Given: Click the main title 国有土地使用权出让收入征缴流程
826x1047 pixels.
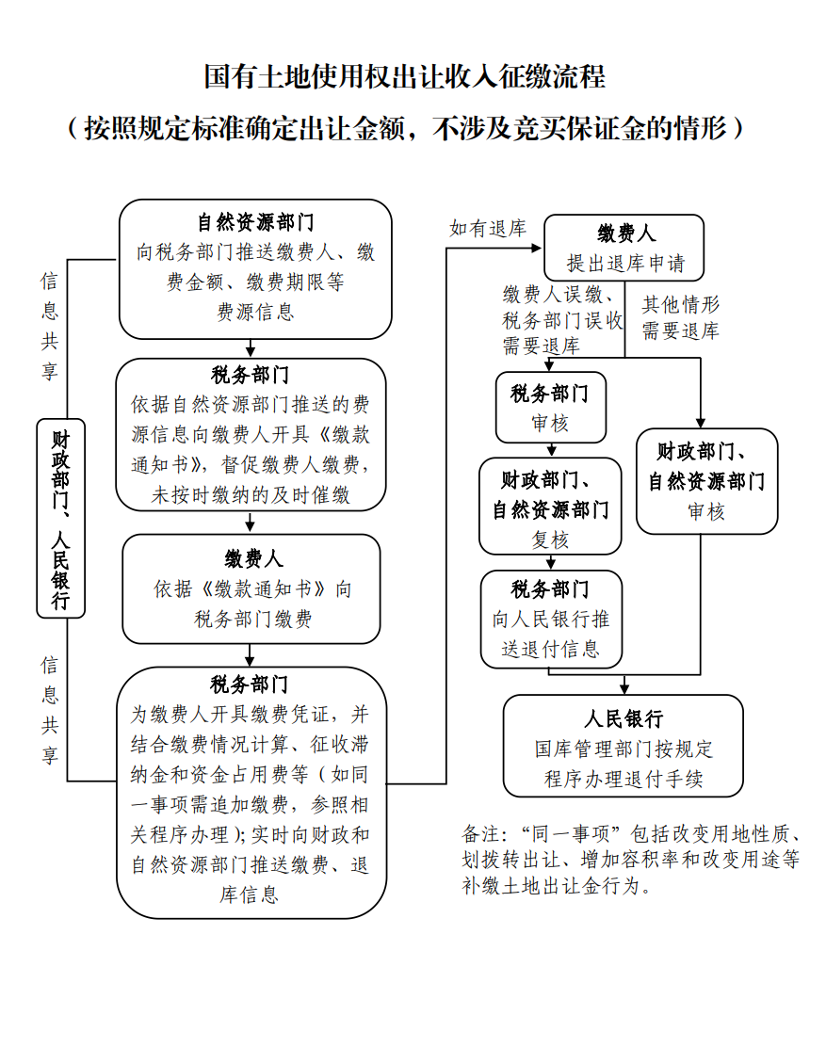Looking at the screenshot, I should click(x=405, y=76).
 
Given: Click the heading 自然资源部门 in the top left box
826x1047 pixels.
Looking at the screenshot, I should click(x=255, y=223).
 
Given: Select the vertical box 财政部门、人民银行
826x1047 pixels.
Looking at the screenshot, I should click(x=60, y=518).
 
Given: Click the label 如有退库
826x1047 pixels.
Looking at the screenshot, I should click(x=488, y=228).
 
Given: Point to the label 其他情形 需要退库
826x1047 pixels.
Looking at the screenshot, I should click(x=680, y=317).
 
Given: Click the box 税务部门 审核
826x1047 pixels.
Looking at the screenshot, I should click(x=550, y=408).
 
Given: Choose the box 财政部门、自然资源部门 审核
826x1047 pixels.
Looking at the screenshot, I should click(x=706, y=481).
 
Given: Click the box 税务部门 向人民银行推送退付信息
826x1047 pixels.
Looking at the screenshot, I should click(x=551, y=619).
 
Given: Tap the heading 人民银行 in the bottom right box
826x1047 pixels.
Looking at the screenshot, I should click(x=623, y=719).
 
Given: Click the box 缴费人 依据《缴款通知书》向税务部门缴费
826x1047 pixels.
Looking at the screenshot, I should click(x=251, y=589).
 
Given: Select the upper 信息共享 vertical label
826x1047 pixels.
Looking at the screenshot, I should click(x=49, y=326).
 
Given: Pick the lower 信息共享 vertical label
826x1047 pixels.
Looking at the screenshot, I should click(x=49, y=710).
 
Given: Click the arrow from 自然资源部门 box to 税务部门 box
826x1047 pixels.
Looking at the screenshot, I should click(x=251, y=348).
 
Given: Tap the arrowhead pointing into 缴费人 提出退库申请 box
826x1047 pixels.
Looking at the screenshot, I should click(x=538, y=248).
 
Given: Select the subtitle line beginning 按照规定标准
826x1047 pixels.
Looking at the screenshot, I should click(x=405, y=127).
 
